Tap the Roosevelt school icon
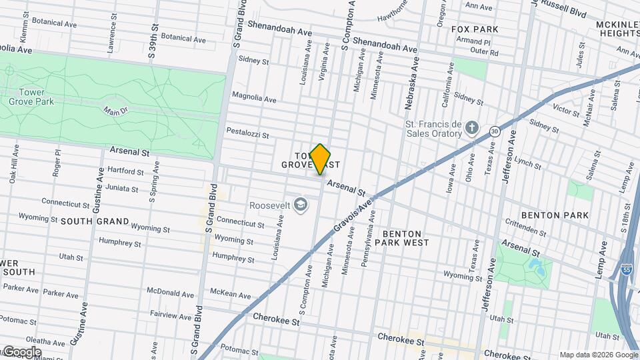[301, 204]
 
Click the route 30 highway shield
[494, 131]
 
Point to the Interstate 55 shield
[626, 268]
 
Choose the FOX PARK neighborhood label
[475, 30]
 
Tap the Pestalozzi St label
[247, 133]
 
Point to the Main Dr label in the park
[115, 111]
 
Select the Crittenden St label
[526, 229]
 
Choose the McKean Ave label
[230, 294]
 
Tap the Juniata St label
[122, 189]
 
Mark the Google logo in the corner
[21, 352]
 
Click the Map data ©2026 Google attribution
[598, 355]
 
